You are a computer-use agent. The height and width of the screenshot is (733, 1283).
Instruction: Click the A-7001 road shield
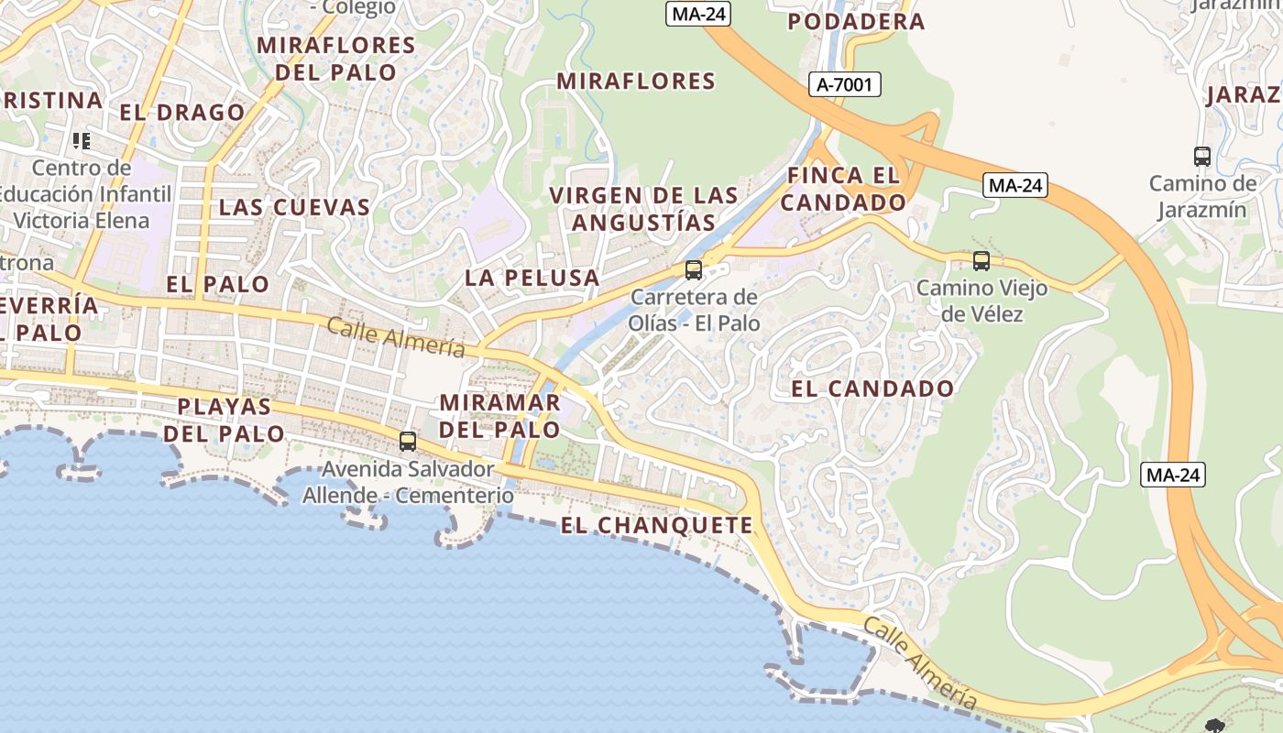(x=845, y=85)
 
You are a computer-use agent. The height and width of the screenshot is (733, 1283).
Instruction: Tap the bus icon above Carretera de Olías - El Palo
(x=694, y=270)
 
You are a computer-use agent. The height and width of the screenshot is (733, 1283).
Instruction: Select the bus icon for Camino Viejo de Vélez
(x=981, y=261)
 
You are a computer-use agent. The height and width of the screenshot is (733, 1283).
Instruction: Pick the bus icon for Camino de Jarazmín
(x=1202, y=157)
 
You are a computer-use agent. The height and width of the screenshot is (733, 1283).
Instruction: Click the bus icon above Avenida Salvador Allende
(x=408, y=442)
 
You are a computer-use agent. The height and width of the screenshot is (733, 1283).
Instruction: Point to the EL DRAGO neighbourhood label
(x=182, y=113)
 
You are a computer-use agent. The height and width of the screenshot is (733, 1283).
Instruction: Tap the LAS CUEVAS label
(x=294, y=207)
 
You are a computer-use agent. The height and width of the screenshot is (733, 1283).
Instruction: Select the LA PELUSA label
(x=532, y=278)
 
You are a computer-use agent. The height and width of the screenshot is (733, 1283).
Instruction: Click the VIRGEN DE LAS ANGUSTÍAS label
(x=643, y=209)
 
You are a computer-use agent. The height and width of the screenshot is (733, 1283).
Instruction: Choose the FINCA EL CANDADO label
(x=843, y=189)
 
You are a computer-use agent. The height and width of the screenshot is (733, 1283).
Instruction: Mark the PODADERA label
(x=856, y=22)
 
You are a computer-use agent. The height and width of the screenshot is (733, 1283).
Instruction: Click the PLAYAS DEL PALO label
(x=225, y=420)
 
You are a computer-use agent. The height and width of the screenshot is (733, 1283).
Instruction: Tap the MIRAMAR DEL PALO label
(x=499, y=416)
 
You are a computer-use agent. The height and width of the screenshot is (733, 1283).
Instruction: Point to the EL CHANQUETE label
(x=656, y=525)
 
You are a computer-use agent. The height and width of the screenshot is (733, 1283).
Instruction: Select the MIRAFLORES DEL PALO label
(x=336, y=59)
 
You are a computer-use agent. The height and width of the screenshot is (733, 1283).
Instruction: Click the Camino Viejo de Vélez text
(x=981, y=301)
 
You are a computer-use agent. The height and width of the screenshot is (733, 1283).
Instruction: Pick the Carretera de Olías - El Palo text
(x=694, y=310)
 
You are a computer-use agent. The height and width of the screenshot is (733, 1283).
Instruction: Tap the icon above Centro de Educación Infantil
(x=82, y=141)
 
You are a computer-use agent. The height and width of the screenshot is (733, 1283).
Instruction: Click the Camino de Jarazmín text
(x=1202, y=196)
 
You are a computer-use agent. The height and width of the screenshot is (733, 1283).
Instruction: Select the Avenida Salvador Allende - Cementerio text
(x=408, y=482)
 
